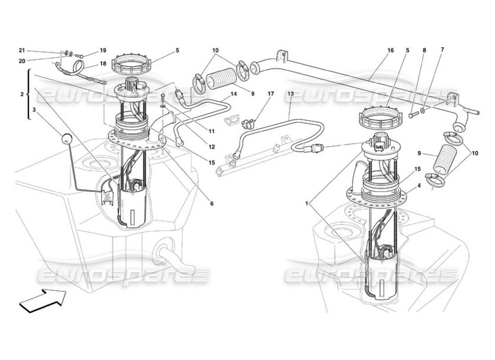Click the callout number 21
[x=22, y=50]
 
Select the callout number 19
[x=103, y=50]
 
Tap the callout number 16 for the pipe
[x=390, y=50]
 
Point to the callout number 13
[x=291, y=94]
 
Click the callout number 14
[x=234, y=94]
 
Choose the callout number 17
[x=270, y=94]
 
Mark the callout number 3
[x=34, y=109]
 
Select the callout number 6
[x=211, y=203]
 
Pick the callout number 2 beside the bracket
[x=21, y=94]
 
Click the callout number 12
[x=211, y=147]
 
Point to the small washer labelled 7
[x=423, y=110]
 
